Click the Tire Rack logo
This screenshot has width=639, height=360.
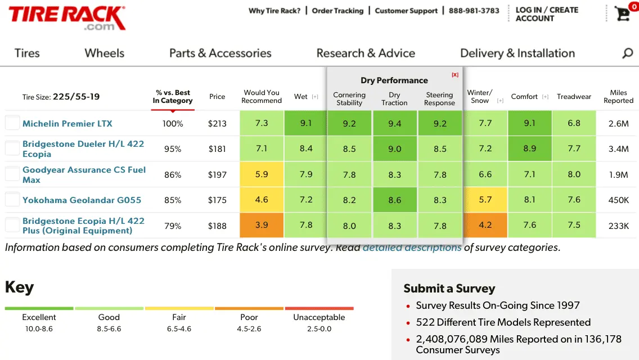tap(67, 18)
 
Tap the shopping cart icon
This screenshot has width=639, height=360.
tap(623, 13)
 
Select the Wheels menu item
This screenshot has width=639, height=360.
tap(104, 53)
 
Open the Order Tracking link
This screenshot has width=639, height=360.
tap(337, 11)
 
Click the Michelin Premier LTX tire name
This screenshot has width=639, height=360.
tap(67, 124)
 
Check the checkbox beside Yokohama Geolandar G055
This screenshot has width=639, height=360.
tap(12, 200)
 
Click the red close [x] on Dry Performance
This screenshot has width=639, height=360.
tap(455, 75)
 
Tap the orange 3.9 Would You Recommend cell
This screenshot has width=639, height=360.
tap(262, 226)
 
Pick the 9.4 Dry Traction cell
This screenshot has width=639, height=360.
tap(395, 124)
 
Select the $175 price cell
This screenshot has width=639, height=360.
tap(217, 200)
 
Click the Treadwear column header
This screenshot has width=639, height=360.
tap(574, 97)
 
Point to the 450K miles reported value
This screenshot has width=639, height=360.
tap(618, 200)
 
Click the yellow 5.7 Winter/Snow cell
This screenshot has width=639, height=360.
tap(485, 200)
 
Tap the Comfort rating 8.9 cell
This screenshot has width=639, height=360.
tap(529, 149)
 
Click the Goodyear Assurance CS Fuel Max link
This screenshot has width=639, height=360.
tap(84, 174)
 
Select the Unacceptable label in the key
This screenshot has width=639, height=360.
tap(319, 317)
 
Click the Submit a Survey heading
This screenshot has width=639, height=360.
tap(449, 289)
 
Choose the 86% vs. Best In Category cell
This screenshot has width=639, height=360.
tap(173, 175)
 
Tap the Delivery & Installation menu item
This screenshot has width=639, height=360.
tap(517, 53)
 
